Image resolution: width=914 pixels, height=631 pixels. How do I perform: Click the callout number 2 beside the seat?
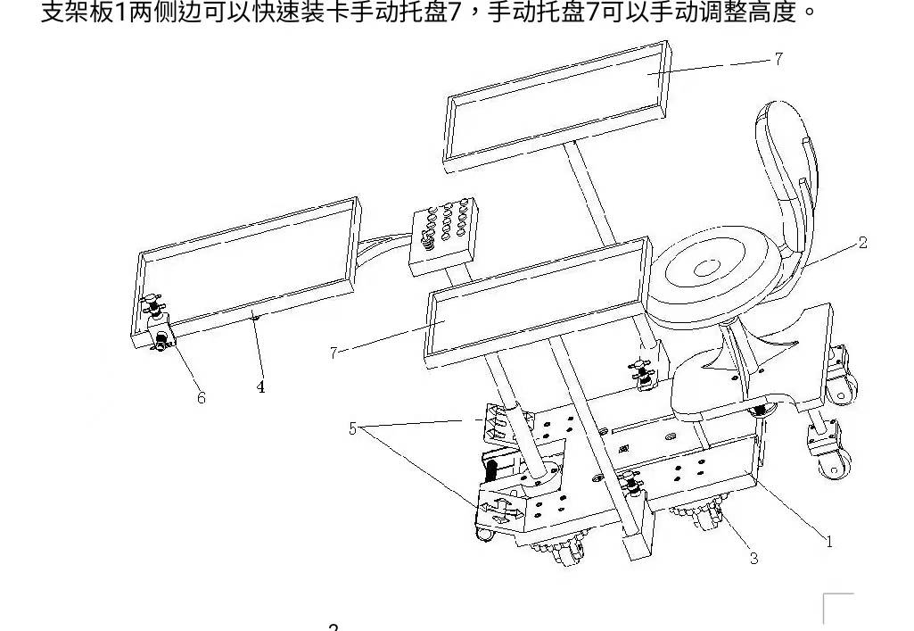point(862,243)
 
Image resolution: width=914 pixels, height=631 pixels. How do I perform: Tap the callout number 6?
point(202,398)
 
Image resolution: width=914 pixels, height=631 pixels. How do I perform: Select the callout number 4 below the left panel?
point(260,387)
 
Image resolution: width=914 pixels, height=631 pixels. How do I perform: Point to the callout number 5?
point(353,429)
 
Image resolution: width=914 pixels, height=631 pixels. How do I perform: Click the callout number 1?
point(828,541)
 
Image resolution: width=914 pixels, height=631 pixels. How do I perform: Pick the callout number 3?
point(753,559)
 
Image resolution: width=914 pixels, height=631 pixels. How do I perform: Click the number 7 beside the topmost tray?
point(778,59)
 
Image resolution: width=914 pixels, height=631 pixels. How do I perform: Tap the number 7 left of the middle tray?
point(333,353)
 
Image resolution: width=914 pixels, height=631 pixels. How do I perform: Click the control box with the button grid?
point(442,234)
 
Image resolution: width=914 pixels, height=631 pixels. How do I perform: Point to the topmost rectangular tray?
point(555,106)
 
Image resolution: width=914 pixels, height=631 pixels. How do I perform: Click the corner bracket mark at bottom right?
point(837,607)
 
